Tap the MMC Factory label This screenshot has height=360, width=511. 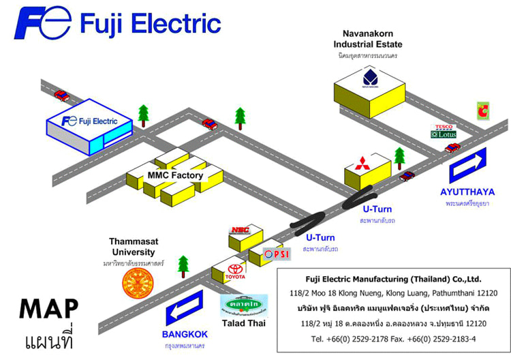(x=175, y=175)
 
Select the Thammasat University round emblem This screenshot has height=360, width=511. (x=139, y=284)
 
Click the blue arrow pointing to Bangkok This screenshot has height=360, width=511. (x=185, y=308)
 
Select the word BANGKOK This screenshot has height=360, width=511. (x=185, y=334)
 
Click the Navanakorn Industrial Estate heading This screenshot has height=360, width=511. (x=369, y=39)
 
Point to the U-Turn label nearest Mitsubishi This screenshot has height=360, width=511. (x=379, y=209)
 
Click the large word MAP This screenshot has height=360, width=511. (x=48, y=309)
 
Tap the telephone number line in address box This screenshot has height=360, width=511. (x=393, y=338)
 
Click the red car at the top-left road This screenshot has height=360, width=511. (x=62, y=95)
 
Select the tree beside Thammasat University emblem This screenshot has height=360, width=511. (x=183, y=265)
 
